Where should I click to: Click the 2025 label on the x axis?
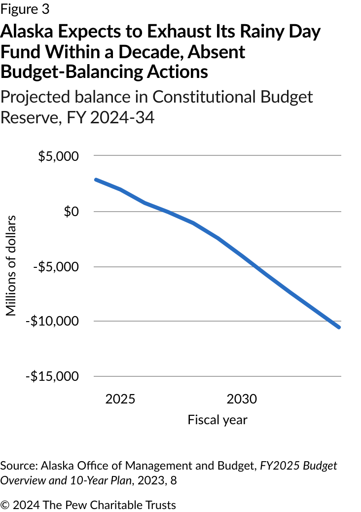120,399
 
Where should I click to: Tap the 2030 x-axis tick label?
242,399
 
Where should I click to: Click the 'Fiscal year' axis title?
217,420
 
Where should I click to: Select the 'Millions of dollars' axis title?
11,265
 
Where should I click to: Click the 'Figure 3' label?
25,9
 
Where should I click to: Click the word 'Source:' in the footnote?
19,466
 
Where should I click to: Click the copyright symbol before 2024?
5,505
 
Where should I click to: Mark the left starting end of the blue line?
96,180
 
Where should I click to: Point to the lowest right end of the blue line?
339,327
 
